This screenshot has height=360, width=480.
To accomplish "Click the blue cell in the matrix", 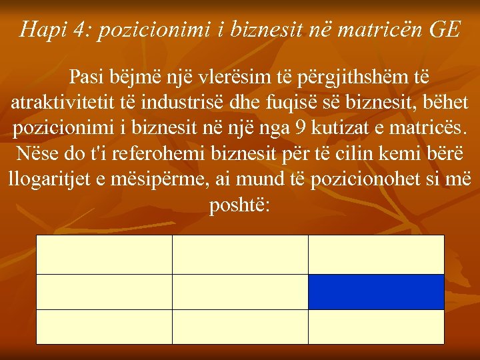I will [376, 292].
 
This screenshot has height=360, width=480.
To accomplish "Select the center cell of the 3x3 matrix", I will [240, 292].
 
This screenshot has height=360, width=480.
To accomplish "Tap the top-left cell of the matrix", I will [104, 255].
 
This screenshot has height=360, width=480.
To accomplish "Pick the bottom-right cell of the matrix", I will [376, 327].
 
